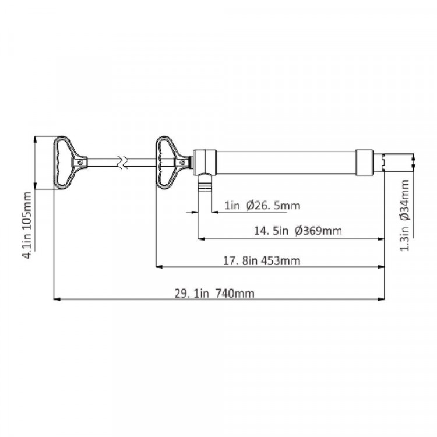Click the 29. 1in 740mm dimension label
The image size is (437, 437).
(x=214, y=294)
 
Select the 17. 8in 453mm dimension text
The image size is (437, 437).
(x=262, y=261)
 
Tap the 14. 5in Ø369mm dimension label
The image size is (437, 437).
(x=298, y=231)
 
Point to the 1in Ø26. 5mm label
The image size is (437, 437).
(x=263, y=206)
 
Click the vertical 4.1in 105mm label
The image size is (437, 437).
(x=28, y=225)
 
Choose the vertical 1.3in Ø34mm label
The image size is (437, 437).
(x=405, y=215)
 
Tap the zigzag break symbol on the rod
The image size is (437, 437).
(x=123, y=162)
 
